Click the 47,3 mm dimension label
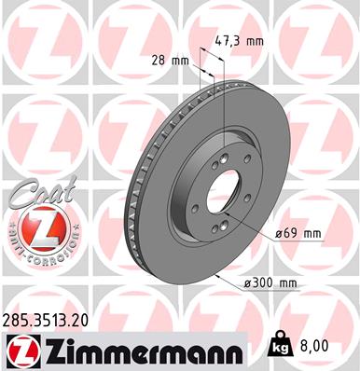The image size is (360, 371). point(241,42)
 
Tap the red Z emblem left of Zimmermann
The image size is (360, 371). point(18,351)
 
